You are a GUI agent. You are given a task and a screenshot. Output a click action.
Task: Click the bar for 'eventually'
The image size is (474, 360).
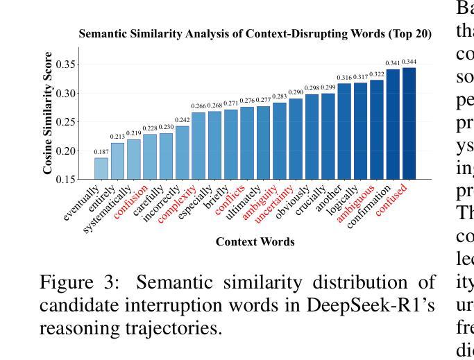101,169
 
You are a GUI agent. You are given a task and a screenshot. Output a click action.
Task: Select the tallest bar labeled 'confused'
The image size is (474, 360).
409,123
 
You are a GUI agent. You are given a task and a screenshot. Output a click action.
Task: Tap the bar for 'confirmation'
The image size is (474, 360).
393,125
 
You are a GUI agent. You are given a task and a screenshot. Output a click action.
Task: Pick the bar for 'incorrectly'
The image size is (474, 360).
182,153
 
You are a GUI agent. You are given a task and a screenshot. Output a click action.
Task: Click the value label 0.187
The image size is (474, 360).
101,152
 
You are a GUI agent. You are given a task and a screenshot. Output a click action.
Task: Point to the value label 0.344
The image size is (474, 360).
409,62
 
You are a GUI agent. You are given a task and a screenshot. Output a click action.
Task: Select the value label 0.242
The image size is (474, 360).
182,120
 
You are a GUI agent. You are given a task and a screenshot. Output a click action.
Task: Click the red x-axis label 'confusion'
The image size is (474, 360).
132,200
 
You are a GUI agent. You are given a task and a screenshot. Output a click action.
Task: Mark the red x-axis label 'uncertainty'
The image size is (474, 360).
273,203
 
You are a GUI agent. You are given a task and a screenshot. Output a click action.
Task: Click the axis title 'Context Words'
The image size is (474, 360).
255,242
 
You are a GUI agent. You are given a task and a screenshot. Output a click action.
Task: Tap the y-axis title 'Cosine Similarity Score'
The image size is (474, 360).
48,113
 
